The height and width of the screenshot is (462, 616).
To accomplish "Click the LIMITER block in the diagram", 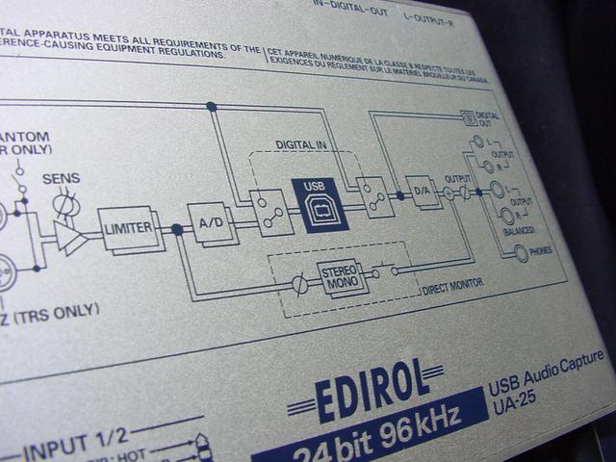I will point(126,228).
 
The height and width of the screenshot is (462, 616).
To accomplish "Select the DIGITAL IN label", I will point(302,144).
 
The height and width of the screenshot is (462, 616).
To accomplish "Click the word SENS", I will point(61,179).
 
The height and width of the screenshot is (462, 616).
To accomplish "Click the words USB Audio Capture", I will point(546,373).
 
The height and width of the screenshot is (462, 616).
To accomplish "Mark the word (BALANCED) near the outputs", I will point(519,228).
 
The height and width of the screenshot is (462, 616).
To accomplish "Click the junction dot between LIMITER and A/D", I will point(176,229).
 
